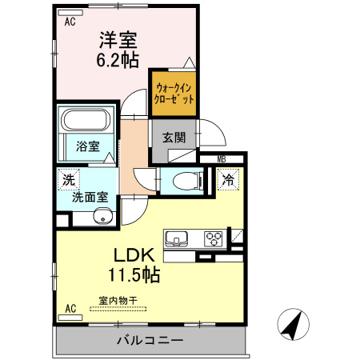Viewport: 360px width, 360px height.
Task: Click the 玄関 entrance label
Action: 174,136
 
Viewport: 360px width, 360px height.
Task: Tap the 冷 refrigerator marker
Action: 228,181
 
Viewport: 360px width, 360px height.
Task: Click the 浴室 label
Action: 87,147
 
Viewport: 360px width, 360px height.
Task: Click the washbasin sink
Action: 102,216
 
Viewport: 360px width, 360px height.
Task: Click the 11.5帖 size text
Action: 133,276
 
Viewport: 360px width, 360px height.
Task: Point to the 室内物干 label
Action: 118,302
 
